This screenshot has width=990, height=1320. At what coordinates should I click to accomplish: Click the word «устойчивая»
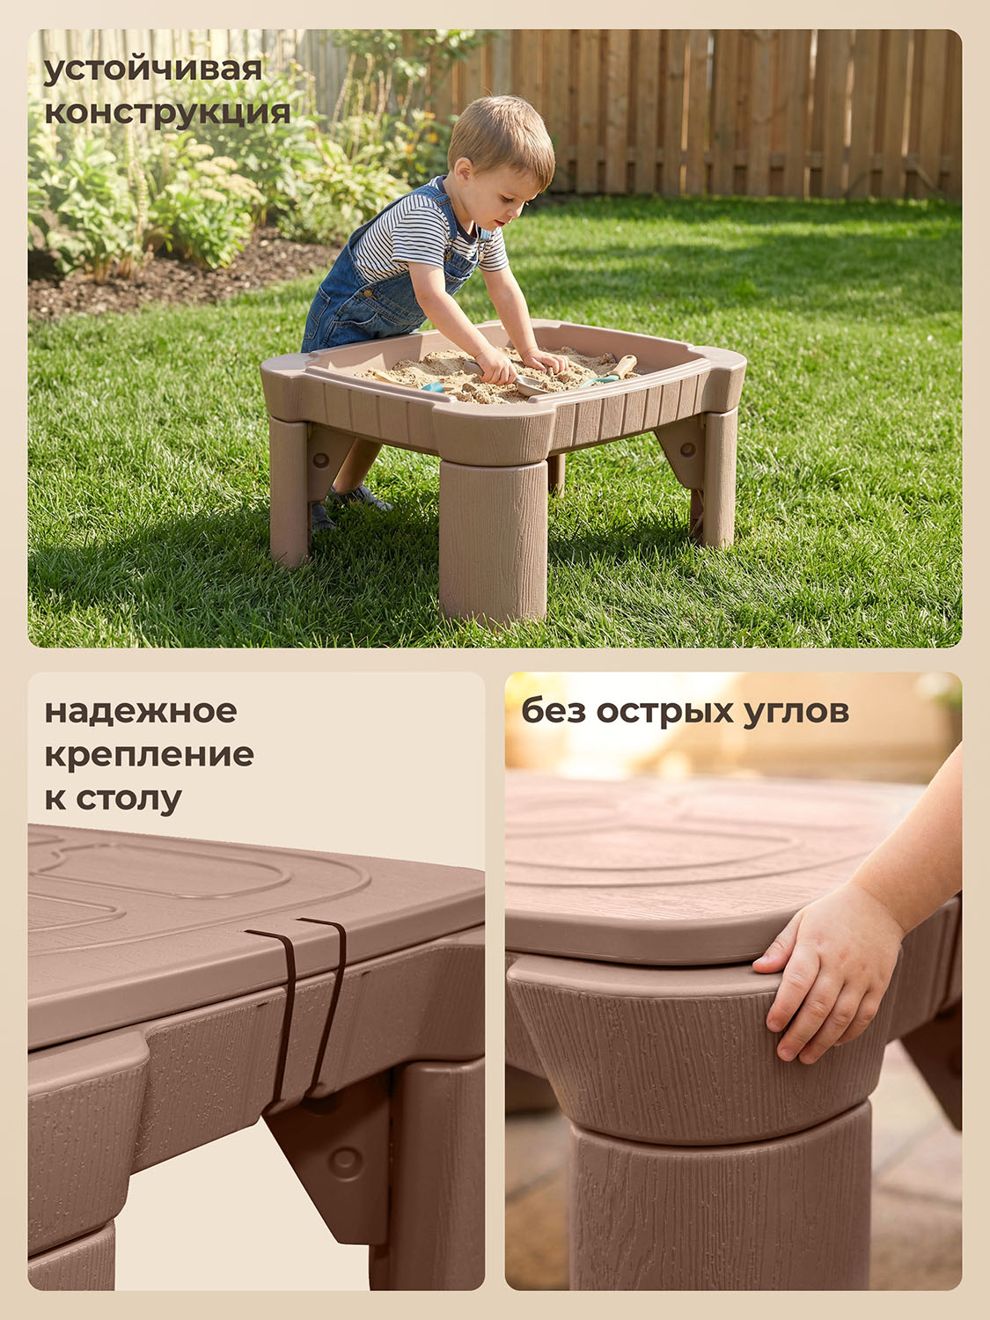tap(152, 70)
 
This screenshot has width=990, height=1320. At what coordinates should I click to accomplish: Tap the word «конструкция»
tap(168, 113)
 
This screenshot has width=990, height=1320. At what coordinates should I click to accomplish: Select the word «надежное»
tap(142, 711)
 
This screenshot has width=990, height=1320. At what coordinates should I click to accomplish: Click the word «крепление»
tap(149, 755)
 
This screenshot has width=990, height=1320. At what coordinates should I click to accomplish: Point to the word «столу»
tap(129, 798)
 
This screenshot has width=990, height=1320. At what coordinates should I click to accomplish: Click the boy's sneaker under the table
tap(359, 498)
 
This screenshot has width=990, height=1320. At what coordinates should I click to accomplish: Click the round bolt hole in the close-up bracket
tap(345, 1156)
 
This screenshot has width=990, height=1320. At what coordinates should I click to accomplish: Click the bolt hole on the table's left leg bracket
tap(320, 460)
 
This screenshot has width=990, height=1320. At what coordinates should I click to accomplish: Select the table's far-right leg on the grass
tap(720, 478)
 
